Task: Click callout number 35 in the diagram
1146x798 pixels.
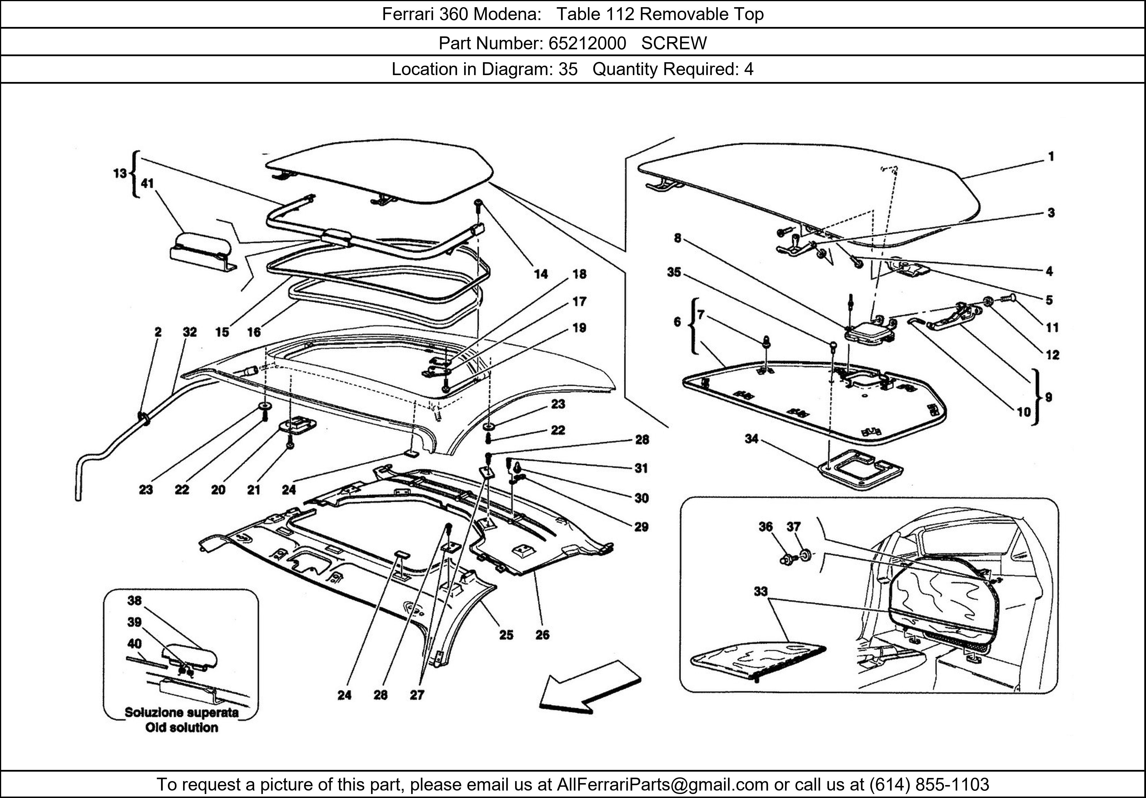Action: (x=674, y=272)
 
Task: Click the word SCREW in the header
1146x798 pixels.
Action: (x=674, y=44)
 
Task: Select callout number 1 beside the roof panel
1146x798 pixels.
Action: (x=1051, y=157)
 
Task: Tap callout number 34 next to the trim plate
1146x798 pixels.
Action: (x=751, y=439)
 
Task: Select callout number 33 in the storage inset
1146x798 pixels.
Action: (x=760, y=591)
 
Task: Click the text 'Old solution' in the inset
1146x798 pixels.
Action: (x=182, y=727)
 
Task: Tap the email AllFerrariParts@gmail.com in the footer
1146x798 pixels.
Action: (x=662, y=785)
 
